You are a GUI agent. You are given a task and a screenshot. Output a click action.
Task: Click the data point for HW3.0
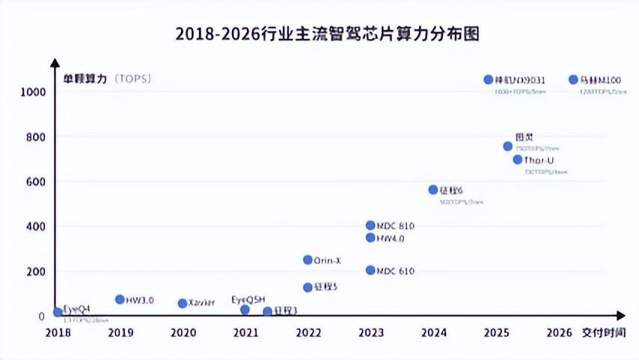(120, 299)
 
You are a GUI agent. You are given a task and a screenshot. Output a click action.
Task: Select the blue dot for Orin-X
(308, 260)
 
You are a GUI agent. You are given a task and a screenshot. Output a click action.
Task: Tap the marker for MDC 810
(370, 225)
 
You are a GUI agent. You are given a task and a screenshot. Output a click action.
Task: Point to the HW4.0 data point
(370, 238)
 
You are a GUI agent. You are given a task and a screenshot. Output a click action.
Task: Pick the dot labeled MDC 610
(370, 270)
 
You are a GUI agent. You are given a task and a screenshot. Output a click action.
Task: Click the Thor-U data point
(518, 159)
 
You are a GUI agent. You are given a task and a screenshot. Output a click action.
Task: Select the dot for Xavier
(183, 303)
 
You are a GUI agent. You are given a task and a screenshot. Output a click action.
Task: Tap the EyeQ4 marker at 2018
(58, 312)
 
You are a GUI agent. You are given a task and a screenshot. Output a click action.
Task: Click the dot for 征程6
(432, 190)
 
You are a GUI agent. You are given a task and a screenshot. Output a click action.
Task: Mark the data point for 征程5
(308, 287)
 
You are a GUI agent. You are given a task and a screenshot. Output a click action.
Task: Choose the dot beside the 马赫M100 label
(573, 79)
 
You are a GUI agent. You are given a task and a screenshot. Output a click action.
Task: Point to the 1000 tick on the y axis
(34, 92)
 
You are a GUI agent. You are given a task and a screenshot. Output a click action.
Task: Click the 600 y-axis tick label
(36, 182)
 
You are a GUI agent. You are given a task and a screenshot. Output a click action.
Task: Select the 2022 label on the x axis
(308, 333)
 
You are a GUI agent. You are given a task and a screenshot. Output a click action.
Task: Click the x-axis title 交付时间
(603, 333)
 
